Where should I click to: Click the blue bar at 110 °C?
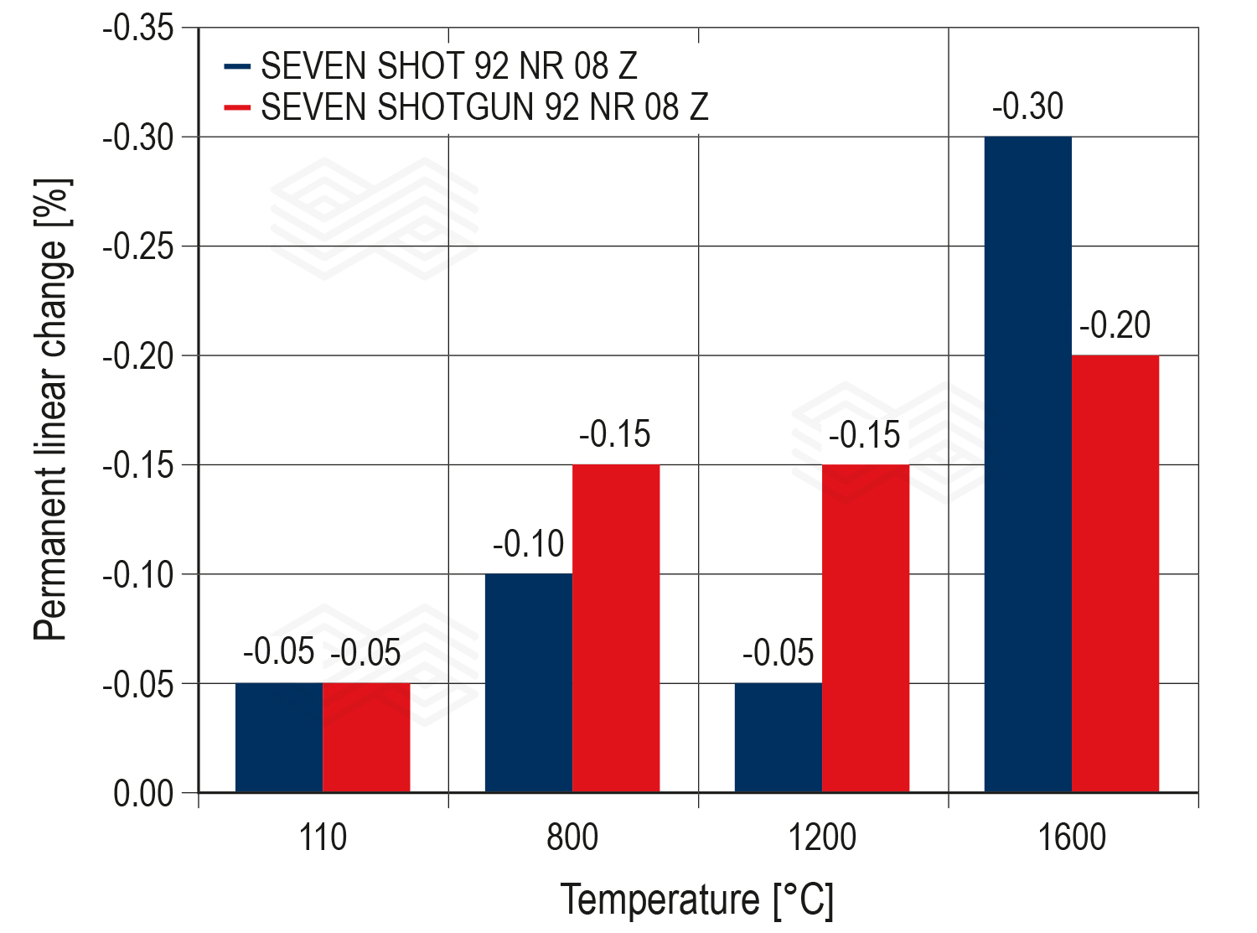278,738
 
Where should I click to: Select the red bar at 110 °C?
366,738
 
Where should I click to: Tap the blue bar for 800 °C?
529,683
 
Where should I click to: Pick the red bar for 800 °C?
616,629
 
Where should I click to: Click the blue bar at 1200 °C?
779,738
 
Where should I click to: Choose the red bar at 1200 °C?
866,629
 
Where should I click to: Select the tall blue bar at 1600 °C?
1028,465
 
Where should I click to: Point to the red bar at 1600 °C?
1115,574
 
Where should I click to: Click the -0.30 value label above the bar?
1028,107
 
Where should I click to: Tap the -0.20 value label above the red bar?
1115,326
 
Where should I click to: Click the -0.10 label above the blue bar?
529,545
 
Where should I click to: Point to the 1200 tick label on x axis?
823,837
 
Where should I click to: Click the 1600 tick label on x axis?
1072,837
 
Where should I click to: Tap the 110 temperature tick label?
323,837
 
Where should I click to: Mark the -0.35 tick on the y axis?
138,29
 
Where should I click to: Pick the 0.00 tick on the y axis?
143,793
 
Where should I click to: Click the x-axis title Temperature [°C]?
697,900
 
